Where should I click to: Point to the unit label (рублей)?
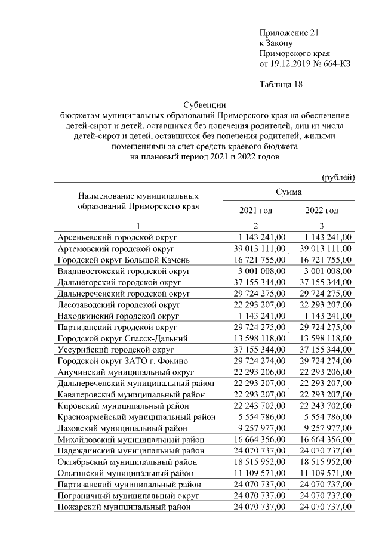click(x=338, y=177)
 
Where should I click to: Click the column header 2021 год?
click(x=255, y=211)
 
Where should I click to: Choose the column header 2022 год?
click(x=322, y=211)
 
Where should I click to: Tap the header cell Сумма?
click(x=288, y=192)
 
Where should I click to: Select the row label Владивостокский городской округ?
click(x=124, y=271)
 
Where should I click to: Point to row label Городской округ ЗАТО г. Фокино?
click(x=122, y=361)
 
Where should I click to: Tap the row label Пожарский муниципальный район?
click(x=124, y=507)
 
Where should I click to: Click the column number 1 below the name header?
click(x=138, y=226)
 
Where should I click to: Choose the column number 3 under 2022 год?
click(x=322, y=226)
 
